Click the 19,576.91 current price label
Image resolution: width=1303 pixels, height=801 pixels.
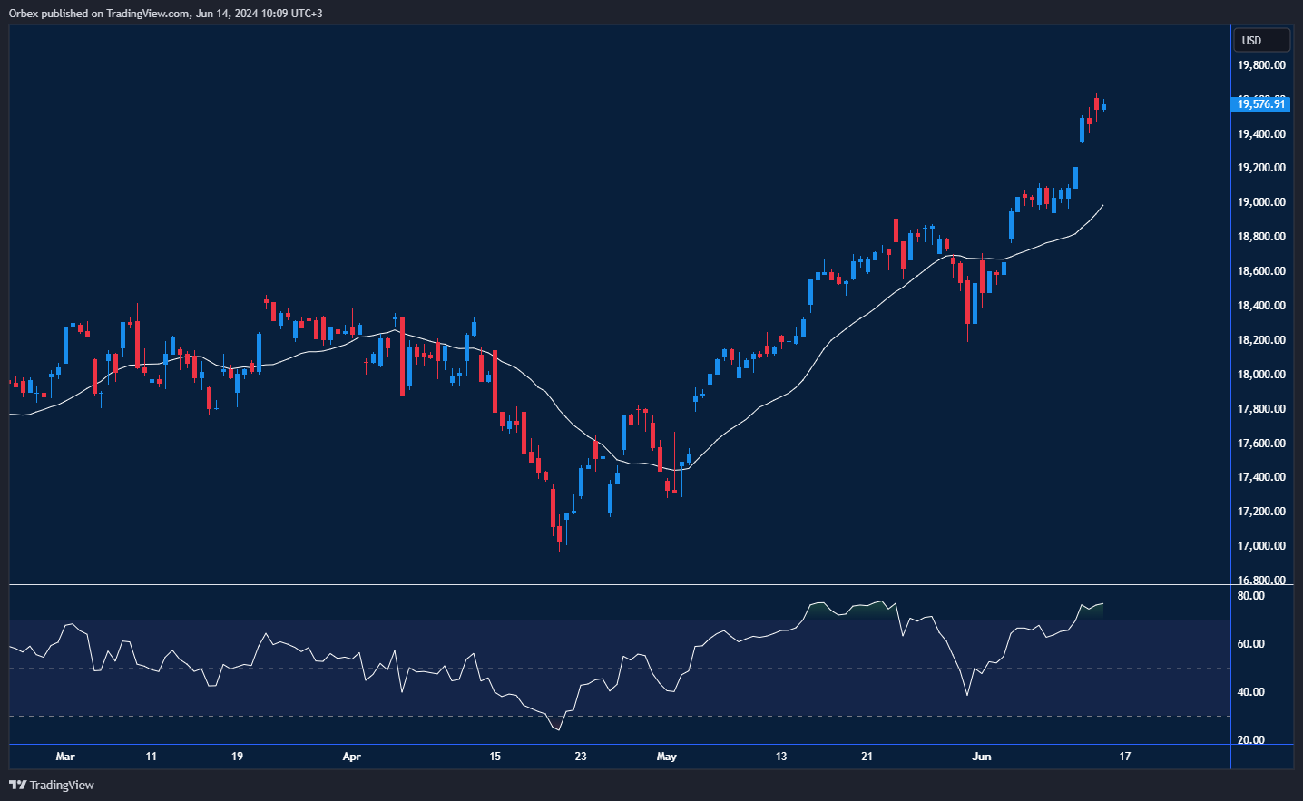tap(1261, 104)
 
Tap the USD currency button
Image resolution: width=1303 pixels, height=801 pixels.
tap(1260, 40)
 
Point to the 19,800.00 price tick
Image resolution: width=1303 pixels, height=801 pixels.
tap(1261, 65)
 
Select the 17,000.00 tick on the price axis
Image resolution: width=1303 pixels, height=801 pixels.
tap(1261, 546)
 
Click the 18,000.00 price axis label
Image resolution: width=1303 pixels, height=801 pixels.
tap(1261, 375)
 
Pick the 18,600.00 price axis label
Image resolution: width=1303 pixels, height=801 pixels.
tap(1261, 271)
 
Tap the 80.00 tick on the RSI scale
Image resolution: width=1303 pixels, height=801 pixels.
tap(1250, 596)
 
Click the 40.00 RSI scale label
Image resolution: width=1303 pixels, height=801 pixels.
tap(1250, 692)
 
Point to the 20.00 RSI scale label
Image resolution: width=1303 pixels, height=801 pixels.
tap(1250, 740)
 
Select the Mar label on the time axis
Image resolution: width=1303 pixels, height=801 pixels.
tap(65, 757)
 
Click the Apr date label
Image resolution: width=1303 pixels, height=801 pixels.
tap(352, 757)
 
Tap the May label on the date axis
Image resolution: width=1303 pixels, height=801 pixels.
tap(667, 757)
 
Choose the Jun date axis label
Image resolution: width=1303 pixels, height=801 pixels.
tap(982, 757)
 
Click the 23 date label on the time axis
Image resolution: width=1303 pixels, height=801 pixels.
tap(581, 757)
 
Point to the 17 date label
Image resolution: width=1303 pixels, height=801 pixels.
tap(1125, 757)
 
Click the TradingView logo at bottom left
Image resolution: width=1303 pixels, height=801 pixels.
tap(52, 785)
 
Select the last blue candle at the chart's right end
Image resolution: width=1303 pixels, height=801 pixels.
tap(1103, 107)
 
